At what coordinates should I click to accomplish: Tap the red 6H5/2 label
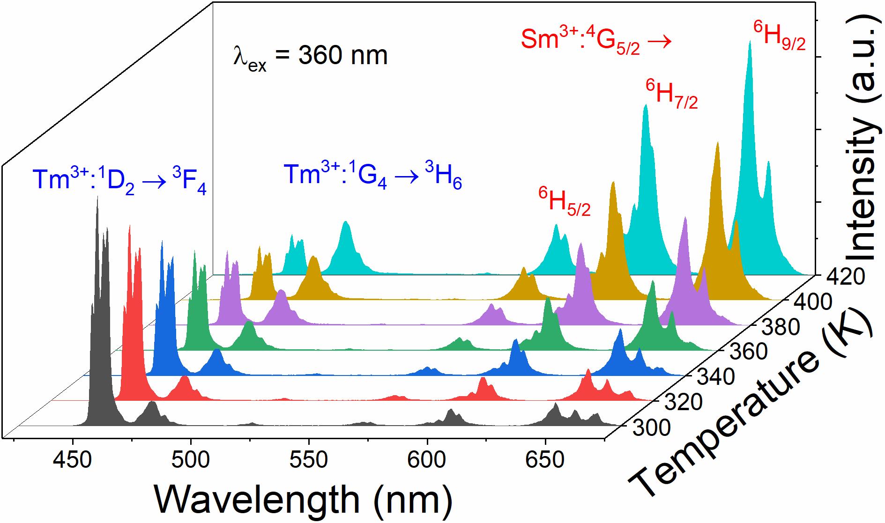pos(564,202)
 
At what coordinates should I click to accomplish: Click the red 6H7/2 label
pos(671,95)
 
